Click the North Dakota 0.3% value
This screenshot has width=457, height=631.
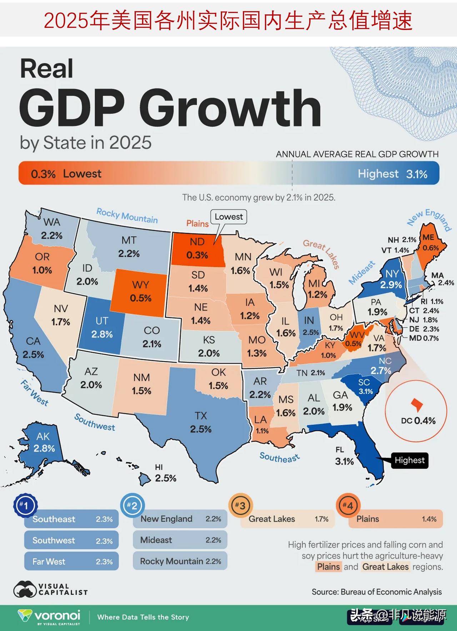[197, 255]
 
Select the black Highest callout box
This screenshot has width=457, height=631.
[410, 460]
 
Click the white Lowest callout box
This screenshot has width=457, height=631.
[228, 217]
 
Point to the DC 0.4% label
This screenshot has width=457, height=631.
[418, 421]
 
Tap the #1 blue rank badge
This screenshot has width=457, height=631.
[25, 505]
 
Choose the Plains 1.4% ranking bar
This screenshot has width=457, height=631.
[396, 519]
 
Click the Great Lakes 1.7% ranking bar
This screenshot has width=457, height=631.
[287, 519]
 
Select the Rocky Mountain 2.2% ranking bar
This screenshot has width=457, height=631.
[180, 561]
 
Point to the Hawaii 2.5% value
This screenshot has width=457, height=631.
[166, 478]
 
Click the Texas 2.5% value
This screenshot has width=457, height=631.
[201, 429]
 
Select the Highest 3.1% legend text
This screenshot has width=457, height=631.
[392, 174]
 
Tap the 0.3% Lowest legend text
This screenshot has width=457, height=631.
[66, 174]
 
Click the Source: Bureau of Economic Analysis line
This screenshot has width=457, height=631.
[377, 592]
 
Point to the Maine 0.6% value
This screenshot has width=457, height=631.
[431, 248]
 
